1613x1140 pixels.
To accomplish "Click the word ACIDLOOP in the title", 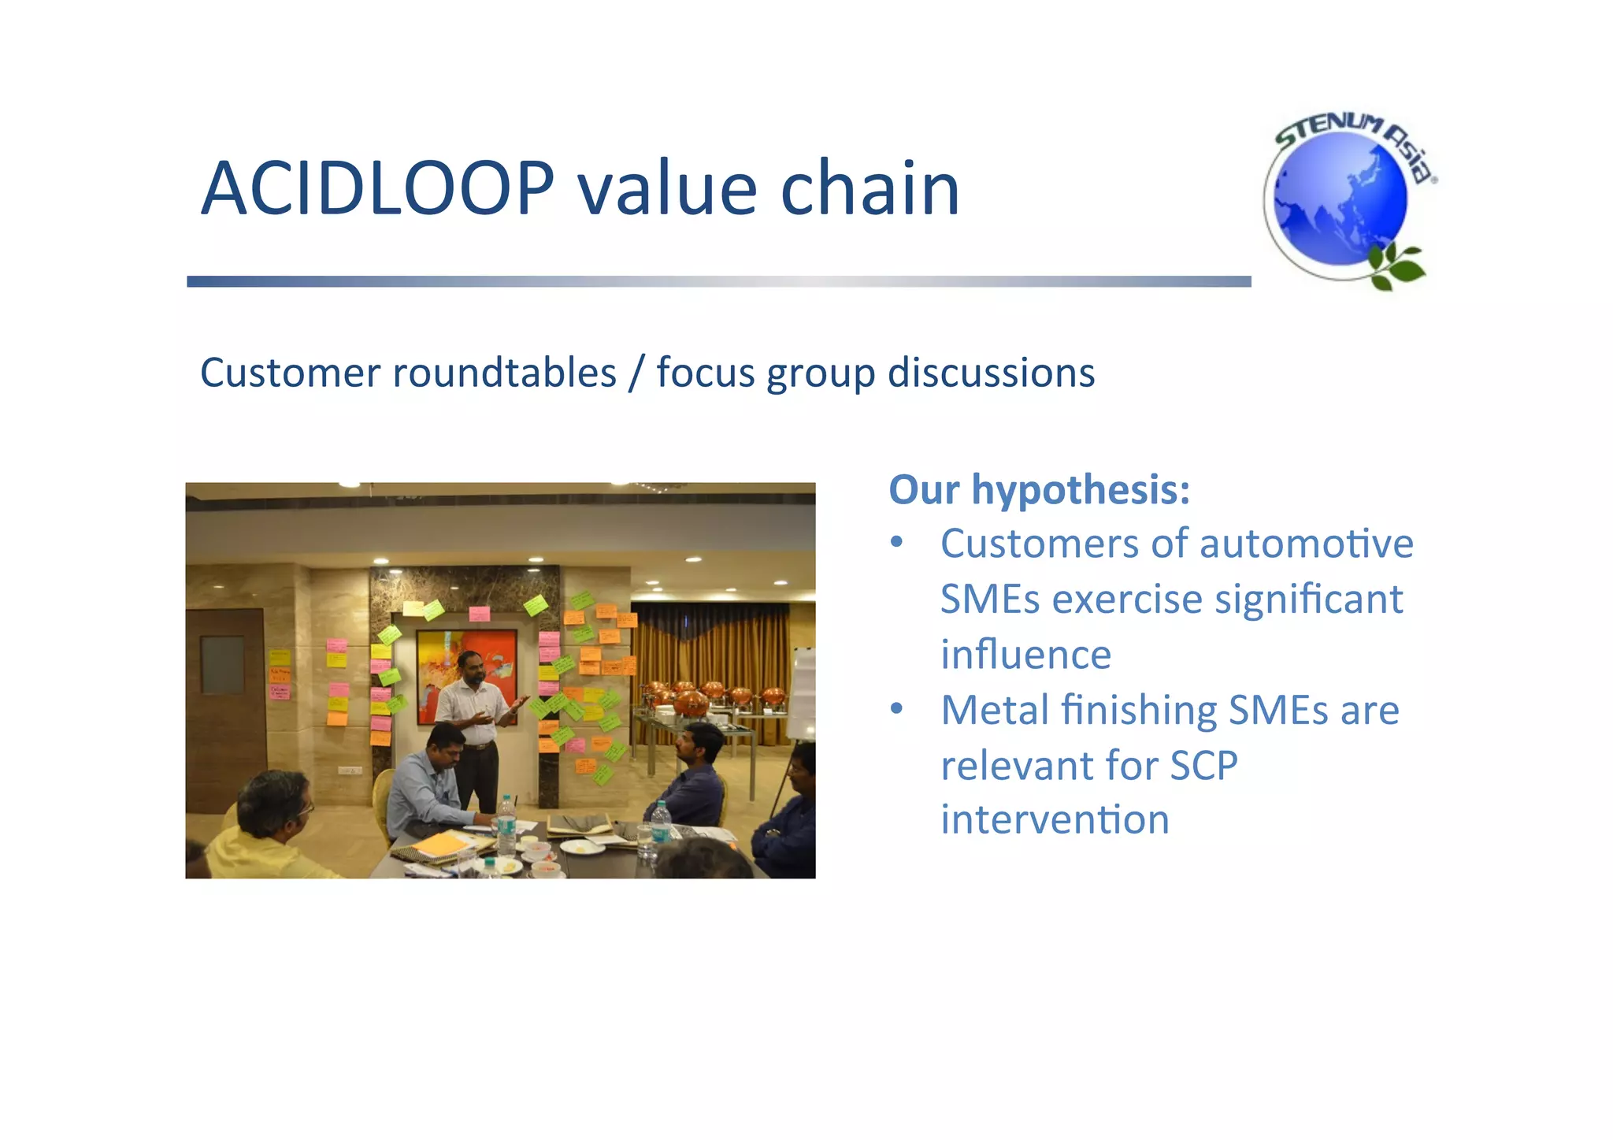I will pyautogui.click(x=378, y=189).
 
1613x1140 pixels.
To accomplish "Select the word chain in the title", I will pyautogui.click(x=870, y=189).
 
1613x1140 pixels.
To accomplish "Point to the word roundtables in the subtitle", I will pyautogui.click(x=504, y=373).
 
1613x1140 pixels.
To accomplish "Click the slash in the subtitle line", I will pyautogui.click(x=636, y=374).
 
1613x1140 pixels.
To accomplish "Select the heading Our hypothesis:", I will pyautogui.click(x=1039, y=489).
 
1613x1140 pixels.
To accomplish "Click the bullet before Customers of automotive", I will pyautogui.click(x=896, y=544).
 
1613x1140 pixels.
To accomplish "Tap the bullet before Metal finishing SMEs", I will pyautogui.click(x=896, y=710).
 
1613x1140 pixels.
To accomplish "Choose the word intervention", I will pyautogui.click(x=1055, y=820).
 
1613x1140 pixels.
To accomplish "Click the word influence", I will pyautogui.click(x=1025, y=655).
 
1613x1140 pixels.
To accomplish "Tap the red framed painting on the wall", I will pyautogui.click(x=465, y=670).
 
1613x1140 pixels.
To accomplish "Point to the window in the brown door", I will pyautogui.click(x=222, y=664).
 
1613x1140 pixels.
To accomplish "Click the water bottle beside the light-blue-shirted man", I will pyautogui.click(x=506, y=827).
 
